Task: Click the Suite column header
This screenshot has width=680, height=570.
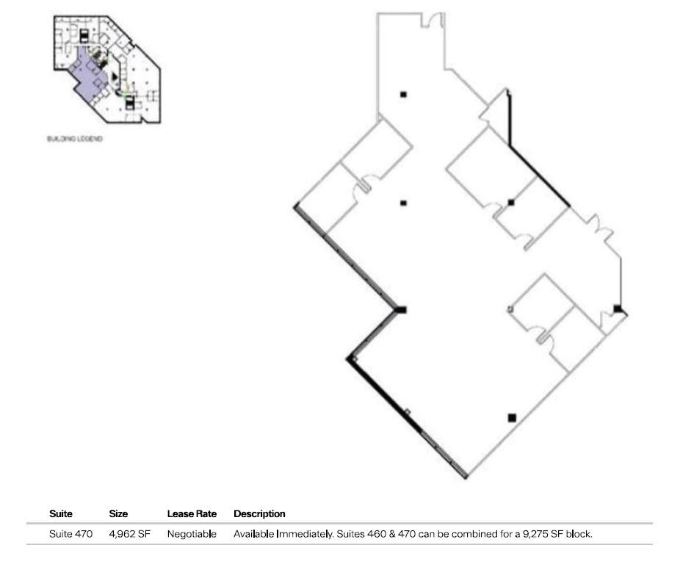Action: (61, 513)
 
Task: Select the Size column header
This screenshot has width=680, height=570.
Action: (118, 513)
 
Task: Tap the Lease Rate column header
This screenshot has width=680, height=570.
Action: (192, 513)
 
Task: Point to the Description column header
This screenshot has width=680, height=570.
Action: (259, 513)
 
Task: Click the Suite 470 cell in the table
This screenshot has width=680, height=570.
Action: (70, 534)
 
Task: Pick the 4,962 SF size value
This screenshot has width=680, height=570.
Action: (129, 534)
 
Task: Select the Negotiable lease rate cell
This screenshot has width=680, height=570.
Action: (192, 534)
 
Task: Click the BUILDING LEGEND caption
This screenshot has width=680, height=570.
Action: (74, 140)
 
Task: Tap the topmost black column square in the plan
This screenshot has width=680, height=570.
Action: (403, 94)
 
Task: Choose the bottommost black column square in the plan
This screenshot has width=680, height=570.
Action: (512, 418)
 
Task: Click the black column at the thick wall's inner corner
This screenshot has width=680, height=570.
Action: (401, 309)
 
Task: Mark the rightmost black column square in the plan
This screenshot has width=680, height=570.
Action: (617, 309)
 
